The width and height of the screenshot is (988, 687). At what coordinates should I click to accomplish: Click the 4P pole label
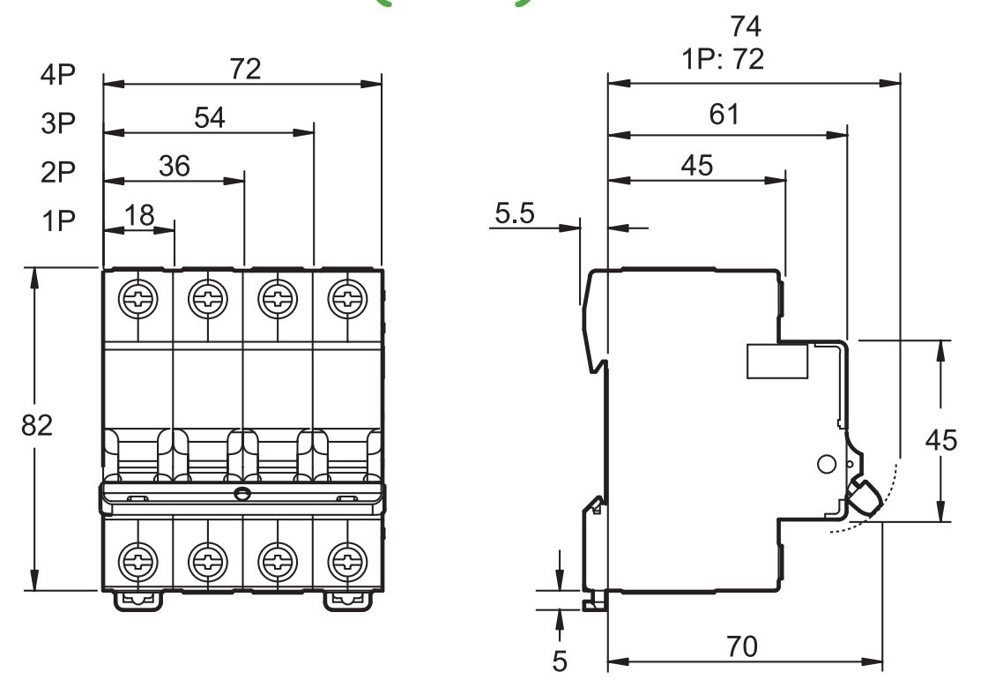(59, 75)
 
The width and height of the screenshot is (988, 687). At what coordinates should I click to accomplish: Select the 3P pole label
(59, 123)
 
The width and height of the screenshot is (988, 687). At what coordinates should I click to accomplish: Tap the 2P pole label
(59, 172)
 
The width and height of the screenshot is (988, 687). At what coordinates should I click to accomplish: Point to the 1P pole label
(59, 220)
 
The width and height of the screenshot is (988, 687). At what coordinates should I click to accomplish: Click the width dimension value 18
(139, 214)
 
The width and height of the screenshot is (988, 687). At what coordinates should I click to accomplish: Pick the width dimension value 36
(175, 166)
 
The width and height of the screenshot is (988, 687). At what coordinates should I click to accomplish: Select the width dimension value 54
(210, 117)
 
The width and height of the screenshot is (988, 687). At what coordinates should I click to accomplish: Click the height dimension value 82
(37, 425)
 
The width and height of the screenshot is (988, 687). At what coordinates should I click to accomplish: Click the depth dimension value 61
(724, 115)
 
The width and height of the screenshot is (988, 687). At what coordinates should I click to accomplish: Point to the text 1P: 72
(722, 60)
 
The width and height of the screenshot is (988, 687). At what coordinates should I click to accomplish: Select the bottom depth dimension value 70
(742, 646)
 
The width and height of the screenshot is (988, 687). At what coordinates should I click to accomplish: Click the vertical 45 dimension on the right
(941, 439)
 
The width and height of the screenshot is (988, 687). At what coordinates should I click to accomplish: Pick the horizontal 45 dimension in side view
(696, 165)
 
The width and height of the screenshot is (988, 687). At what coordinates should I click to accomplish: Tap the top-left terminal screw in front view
(138, 298)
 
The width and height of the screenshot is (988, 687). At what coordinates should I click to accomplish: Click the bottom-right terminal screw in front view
(347, 559)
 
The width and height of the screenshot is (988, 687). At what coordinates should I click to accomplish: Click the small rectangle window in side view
(777, 361)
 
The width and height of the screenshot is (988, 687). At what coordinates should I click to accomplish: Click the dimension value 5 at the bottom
(561, 660)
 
